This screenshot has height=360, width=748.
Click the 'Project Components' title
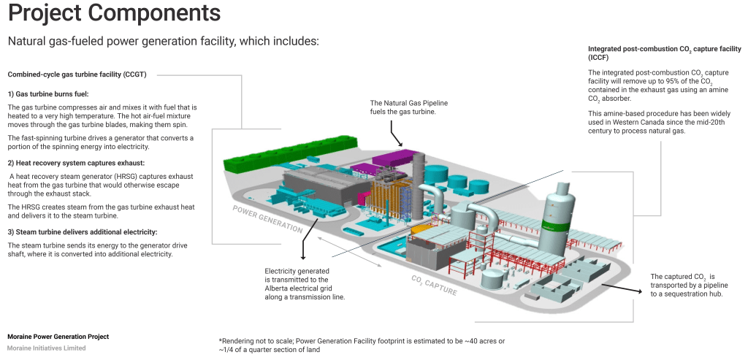[113, 14]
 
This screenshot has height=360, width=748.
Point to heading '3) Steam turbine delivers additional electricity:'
[83, 231]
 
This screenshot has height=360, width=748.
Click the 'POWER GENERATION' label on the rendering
[267, 218]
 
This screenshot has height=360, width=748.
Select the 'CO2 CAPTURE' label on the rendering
[434, 285]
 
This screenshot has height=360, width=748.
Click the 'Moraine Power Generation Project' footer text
[58, 337]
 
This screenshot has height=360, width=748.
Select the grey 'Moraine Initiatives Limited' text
[46, 348]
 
